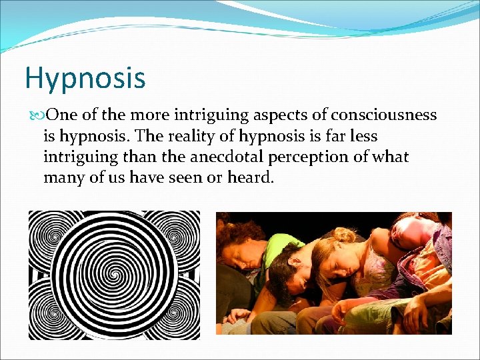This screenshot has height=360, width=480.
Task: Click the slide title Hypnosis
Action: pos(85,77)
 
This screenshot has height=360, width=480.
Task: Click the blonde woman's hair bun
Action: pos(345,234)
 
